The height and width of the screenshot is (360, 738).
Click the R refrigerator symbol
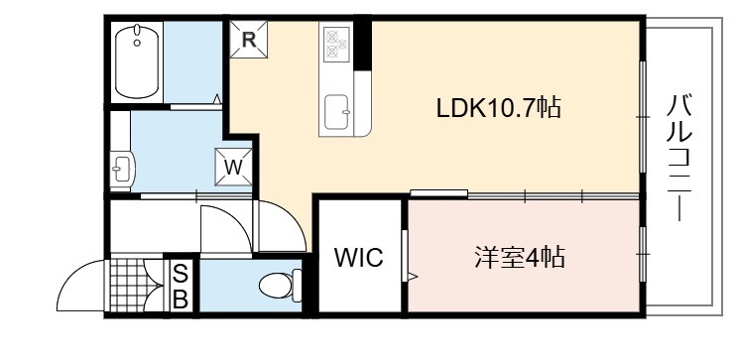(249, 40)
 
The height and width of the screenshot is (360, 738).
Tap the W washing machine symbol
(233, 167)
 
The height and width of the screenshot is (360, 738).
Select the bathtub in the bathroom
(137, 61)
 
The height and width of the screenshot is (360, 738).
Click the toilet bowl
(276, 286)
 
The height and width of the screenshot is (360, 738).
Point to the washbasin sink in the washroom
(122, 167)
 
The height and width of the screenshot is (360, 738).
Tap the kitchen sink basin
(337, 112)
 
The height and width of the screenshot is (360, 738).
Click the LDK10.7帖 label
(498, 108)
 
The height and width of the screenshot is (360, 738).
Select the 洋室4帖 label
(520, 257)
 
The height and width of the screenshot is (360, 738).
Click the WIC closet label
(359, 257)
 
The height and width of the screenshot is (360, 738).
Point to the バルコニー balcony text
(679, 158)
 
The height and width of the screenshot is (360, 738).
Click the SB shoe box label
(181, 287)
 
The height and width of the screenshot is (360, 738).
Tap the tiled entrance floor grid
(130, 285)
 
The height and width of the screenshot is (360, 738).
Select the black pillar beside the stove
(362, 45)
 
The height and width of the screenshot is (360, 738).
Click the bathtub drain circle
(137, 43)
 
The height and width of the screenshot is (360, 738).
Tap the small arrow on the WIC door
(412, 277)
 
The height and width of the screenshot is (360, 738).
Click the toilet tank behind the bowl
(297, 286)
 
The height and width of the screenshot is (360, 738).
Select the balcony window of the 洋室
(643, 254)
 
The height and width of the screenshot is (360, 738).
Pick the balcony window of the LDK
(643, 116)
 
